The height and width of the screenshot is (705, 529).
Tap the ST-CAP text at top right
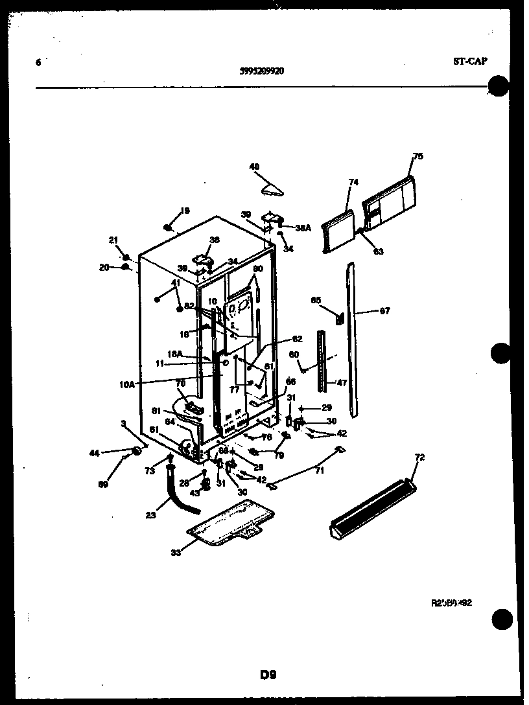click(x=470, y=62)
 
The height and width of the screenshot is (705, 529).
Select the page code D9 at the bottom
click(x=268, y=675)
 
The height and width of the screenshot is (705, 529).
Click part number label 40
click(x=253, y=167)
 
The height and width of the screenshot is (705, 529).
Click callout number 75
click(x=417, y=156)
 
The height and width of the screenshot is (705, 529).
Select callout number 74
click(x=353, y=183)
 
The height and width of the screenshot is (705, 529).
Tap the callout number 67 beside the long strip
click(x=385, y=311)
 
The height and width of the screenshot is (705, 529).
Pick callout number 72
click(x=419, y=458)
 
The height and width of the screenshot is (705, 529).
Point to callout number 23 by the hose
click(x=150, y=516)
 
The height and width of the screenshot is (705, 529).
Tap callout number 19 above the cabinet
click(x=185, y=211)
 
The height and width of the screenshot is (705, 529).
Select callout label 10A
click(x=126, y=384)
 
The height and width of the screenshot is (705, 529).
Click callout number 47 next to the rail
click(x=342, y=383)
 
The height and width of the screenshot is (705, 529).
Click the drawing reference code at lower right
click(x=451, y=602)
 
